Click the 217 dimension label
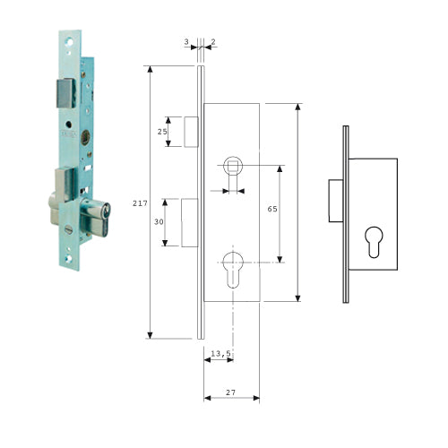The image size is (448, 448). (140, 203)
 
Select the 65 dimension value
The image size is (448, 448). (272, 209)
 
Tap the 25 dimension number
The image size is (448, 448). (162, 132)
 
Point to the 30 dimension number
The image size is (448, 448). (159, 221)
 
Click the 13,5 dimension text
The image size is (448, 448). (220, 353)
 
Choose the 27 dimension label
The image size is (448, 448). (230, 392)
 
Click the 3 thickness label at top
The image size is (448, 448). (186, 42)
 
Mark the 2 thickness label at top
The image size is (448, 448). (213, 42)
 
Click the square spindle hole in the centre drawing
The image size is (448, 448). (233, 165)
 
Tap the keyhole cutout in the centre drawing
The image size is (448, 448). (233, 270)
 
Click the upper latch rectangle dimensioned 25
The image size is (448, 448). (191, 132)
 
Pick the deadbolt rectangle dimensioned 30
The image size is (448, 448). (190, 222)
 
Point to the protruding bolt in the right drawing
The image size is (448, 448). (336, 201)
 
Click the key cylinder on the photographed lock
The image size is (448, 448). (96, 217)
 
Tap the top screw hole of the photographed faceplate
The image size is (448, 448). (69, 42)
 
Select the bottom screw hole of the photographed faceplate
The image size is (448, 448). (69, 259)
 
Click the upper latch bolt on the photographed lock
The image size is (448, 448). (65, 93)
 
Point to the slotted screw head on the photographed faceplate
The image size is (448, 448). (68, 229)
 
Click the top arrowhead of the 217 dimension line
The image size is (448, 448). (151, 69)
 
